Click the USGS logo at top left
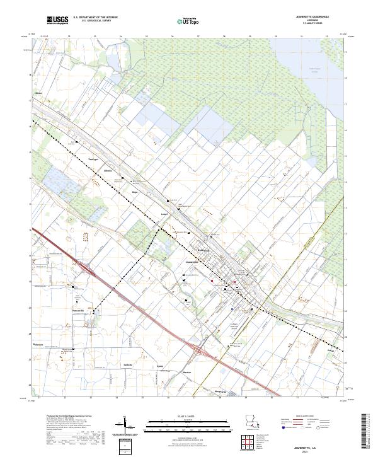[57, 21]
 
